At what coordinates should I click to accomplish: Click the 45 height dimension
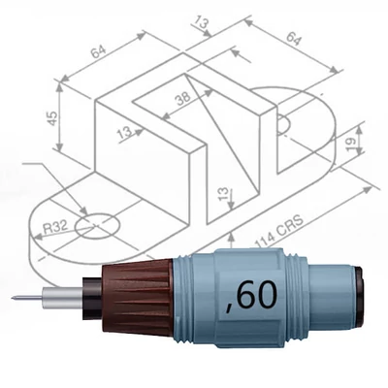point(51,116)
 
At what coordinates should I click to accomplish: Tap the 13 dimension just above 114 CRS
point(225,196)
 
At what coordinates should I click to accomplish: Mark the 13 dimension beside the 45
point(123,133)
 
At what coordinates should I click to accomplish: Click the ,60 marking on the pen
point(247,294)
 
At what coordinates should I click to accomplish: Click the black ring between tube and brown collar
point(92,296)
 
